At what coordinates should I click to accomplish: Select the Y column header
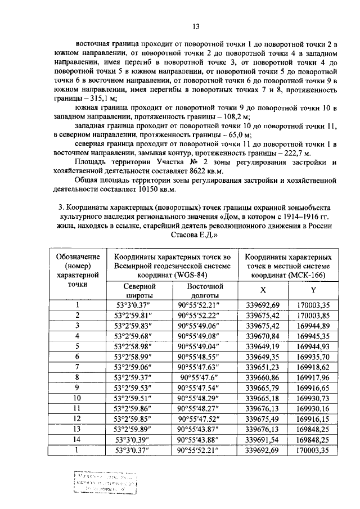[313, 290]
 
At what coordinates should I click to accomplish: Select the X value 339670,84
[263, 336]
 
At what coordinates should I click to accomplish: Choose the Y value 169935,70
[312, 356]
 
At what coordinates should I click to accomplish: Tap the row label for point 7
[78, 367]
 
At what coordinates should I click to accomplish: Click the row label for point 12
[78, 418]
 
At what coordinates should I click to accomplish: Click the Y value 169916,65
[312, 388]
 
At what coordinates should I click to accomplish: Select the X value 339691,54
[263, 439]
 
